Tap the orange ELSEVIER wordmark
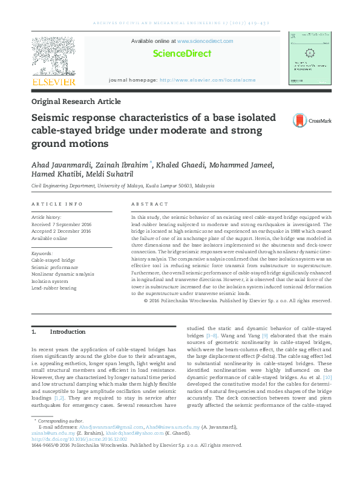(x=54, y=82)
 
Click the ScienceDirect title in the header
(x=182, y=54)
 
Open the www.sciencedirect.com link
(x=206, y=41)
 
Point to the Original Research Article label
(x=76, y=102)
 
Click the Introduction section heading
(x=68, y=332)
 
